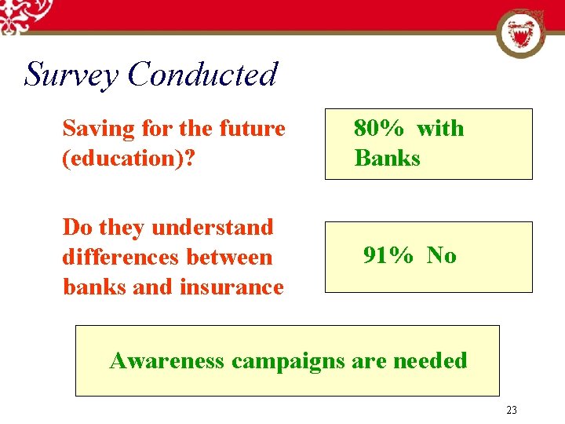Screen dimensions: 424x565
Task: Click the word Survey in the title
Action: [x=71, y=75]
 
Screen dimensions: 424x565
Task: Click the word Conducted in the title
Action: [x=202, y=75]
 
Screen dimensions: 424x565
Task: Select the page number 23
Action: [x=512, y=410]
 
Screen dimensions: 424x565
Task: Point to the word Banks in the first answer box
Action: [x=387, y=158]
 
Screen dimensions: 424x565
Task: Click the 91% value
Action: [x=388, y=255]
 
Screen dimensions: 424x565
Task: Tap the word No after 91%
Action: [x=442, y=255]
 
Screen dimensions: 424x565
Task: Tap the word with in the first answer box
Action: [x=440, y=128]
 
